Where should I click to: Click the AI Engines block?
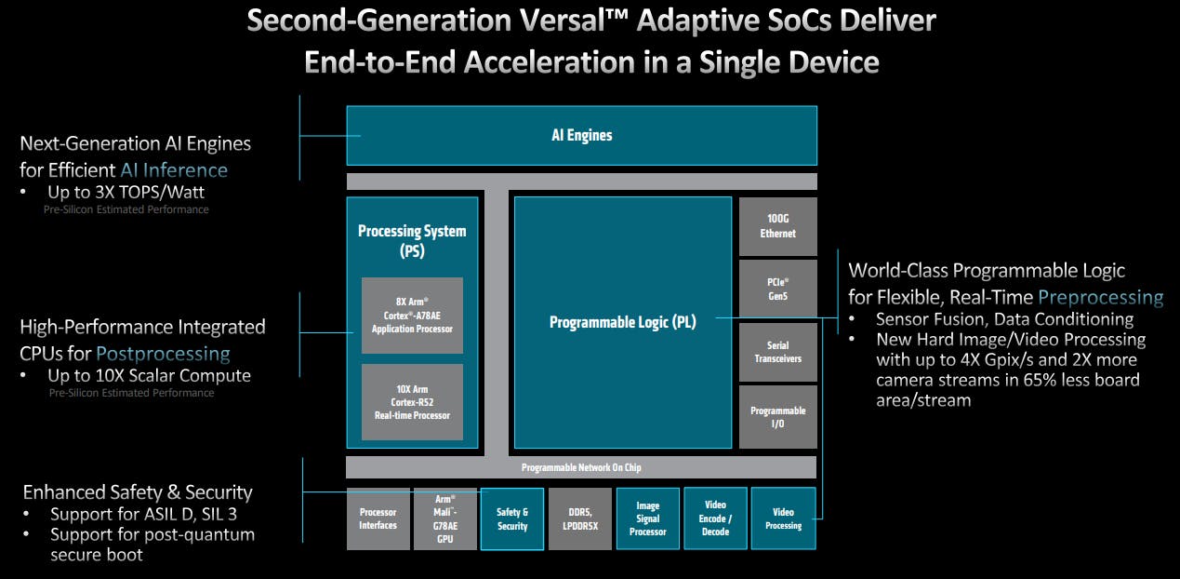pos(581,136)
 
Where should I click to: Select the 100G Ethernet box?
pos(777,226)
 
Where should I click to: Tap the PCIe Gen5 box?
pos(777,288)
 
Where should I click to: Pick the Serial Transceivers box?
pos(777,352)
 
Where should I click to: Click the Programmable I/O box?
pos(777,416)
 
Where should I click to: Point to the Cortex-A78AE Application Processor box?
pos(412,316)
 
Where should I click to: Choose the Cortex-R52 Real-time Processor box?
pos(412,401)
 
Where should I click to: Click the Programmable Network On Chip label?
pos(581,467)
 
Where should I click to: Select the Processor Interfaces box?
pos(378,518)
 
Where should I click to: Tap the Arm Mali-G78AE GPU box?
pos(445,518)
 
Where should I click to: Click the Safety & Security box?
pos(512,518)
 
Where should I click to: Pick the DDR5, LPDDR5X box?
pos(580,518)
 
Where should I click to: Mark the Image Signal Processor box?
pos(647,518)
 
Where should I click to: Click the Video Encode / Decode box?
pos(715,518)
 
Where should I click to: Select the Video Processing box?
pos(783,518)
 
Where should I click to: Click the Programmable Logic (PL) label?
pos(622,322)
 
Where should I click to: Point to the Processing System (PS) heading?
pos(412,240)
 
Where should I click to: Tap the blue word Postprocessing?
pos(163,354)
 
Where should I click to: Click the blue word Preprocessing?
pos(1100,297)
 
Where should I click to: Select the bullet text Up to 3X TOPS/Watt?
pos(126,192)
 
